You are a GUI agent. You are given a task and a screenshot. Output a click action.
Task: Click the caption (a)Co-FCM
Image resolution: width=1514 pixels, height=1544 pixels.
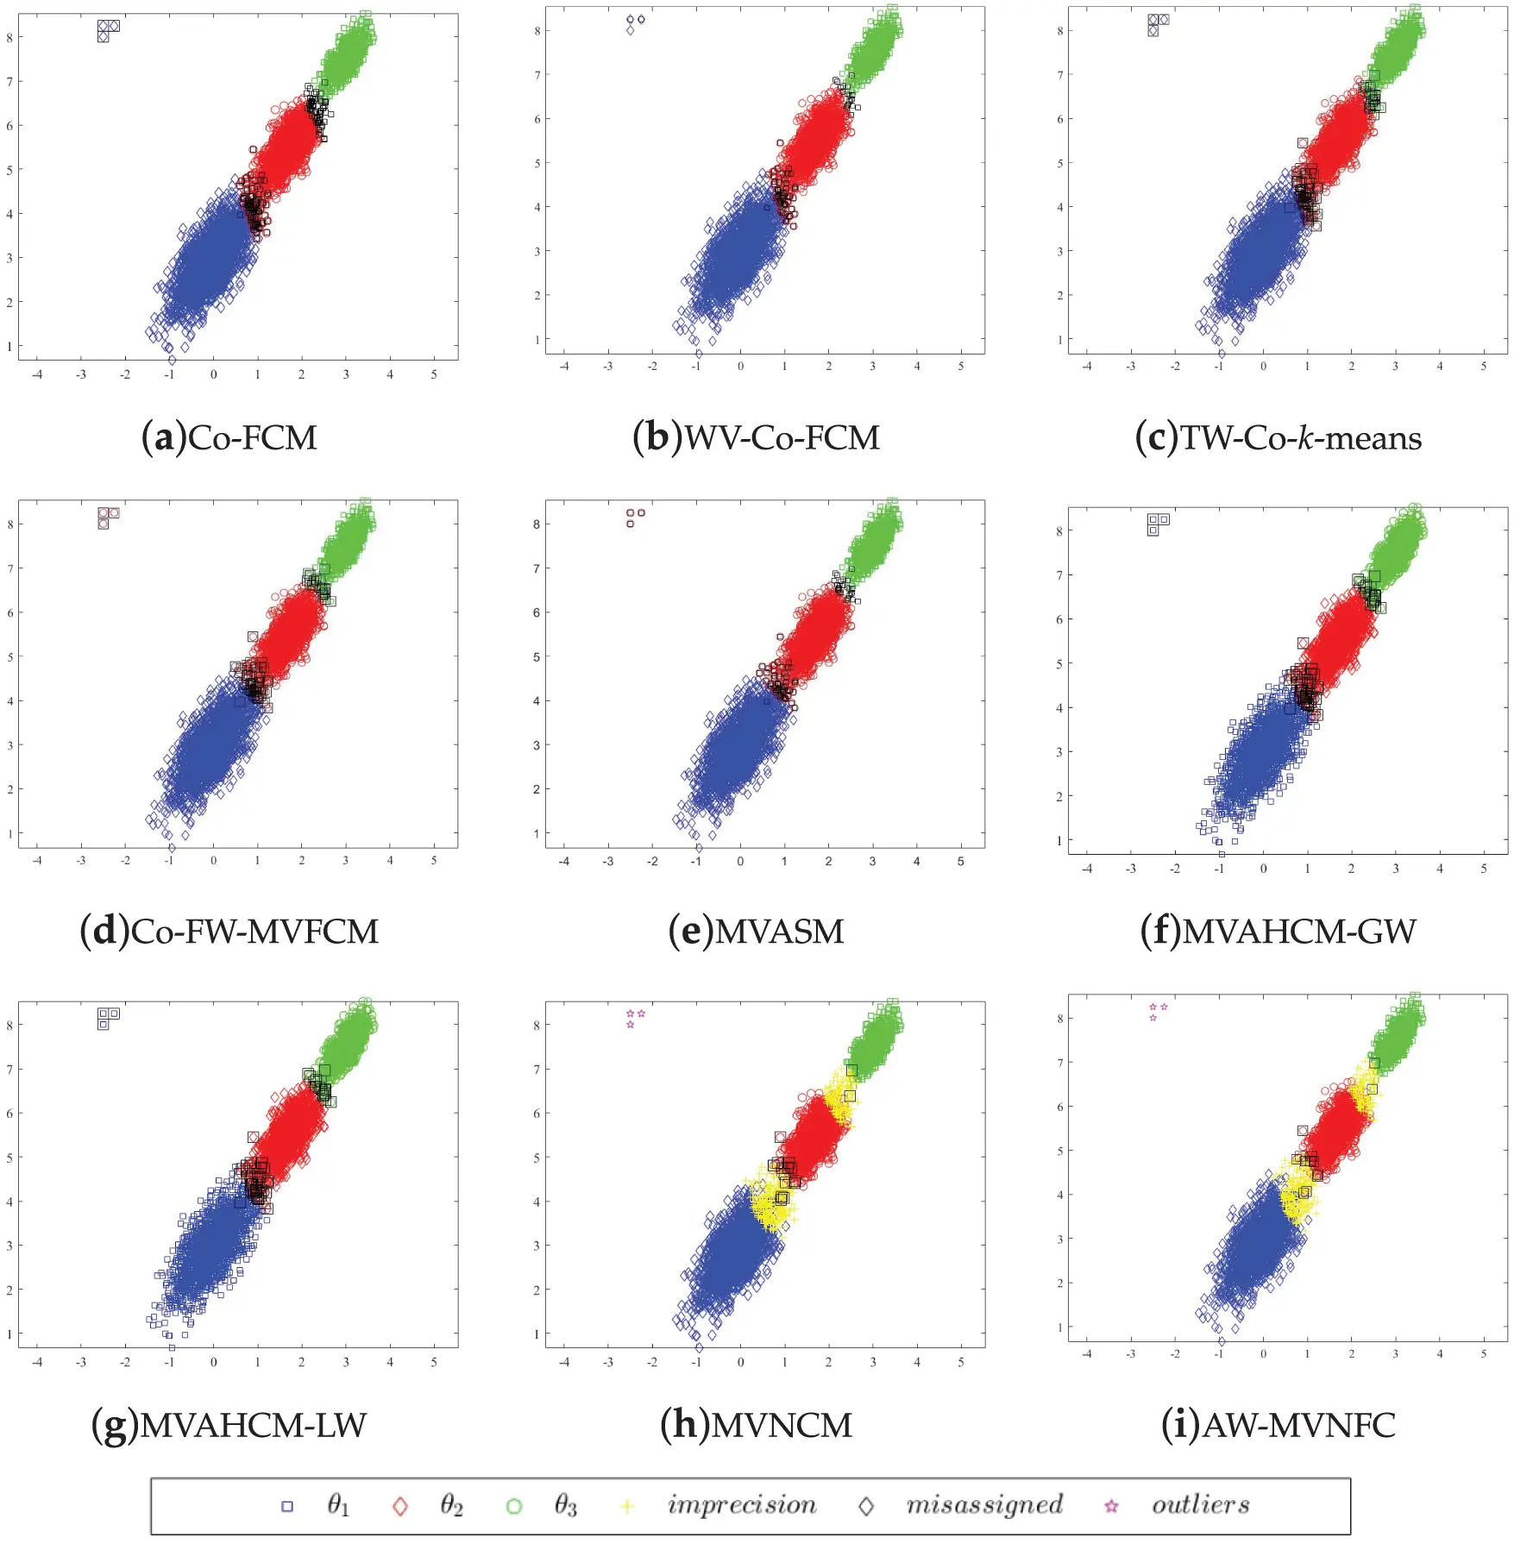point(229,438)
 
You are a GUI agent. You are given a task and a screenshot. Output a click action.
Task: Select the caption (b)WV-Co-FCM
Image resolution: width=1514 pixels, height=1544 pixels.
point(756,438)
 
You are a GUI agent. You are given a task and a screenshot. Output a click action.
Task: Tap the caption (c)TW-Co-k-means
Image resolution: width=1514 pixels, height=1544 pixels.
point(1278,438)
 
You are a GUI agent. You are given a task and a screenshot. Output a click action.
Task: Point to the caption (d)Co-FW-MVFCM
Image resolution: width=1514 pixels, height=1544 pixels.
point(229,932)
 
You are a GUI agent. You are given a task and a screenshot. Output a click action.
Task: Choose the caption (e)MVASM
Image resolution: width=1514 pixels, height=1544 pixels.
point(756,932)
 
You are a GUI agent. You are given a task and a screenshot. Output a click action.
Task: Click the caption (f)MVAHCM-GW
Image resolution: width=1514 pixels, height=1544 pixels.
point(1278,932)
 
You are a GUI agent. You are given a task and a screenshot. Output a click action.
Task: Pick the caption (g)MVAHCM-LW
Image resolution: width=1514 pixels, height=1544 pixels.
point(229,1425)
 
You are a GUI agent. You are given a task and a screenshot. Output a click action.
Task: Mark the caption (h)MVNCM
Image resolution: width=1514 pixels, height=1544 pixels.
point(756,1425)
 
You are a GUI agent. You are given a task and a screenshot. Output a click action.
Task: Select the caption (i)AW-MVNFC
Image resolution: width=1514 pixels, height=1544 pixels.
point(1278,1425)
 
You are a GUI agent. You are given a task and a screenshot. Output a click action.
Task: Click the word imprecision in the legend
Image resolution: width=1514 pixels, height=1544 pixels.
point(741,1505)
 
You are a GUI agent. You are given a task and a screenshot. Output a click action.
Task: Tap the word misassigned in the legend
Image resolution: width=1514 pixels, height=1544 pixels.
point(983,1505)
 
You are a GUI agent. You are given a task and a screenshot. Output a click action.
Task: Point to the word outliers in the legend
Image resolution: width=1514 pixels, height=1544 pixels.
point(1200,1505)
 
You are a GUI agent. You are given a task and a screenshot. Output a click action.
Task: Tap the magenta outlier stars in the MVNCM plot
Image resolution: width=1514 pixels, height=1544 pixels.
point(635,1017)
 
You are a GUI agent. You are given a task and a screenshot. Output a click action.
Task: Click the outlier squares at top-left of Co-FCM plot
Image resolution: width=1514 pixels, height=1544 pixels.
point(107,30)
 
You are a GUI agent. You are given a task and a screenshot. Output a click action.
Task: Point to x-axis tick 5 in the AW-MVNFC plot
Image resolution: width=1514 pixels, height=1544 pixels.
point(1484,1354)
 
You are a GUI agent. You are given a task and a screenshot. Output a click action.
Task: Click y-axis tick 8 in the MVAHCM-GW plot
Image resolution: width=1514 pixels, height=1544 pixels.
point(1059,531)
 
